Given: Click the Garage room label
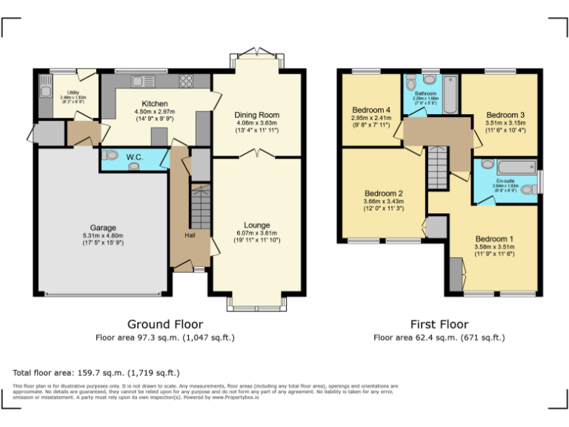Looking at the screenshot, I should [103, 228].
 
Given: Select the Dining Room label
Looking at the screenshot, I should [256, 115].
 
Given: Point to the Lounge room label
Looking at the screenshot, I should [256, 225].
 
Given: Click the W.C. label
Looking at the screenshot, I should [135, 157].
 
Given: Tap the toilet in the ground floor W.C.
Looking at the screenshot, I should [111, 156].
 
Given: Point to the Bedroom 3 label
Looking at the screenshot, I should [505, 115].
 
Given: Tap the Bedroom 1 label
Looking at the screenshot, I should [494, 239].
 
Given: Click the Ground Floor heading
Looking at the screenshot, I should [165, 324].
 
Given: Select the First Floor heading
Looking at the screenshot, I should [439, 324].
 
